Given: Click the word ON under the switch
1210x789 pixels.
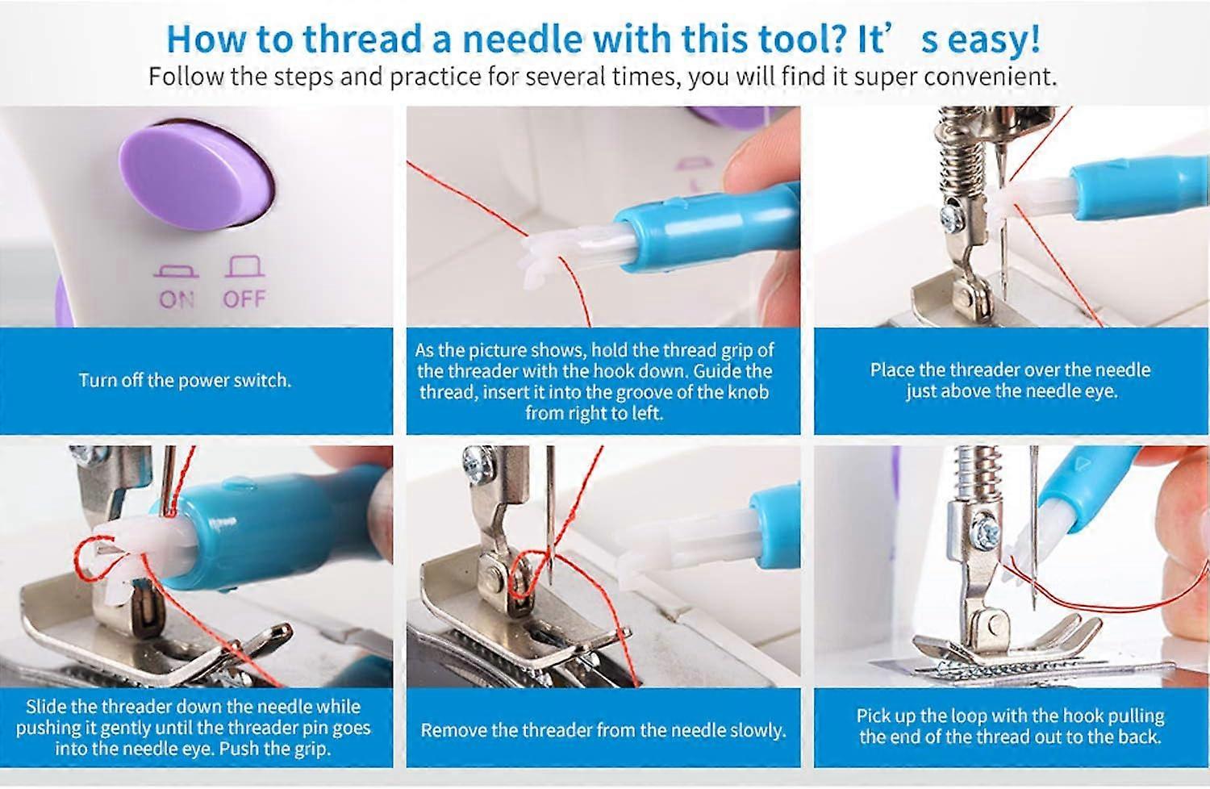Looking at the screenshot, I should point(177,299).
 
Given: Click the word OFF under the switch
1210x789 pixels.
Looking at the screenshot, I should point(244,299).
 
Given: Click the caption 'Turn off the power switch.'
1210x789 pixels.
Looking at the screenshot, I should point(185,381).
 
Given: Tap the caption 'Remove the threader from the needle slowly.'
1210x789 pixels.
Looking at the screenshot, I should point(603,731).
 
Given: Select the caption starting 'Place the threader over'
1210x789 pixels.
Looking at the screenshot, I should point(1010,380).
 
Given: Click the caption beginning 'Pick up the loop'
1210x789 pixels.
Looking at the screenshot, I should point(1010,726).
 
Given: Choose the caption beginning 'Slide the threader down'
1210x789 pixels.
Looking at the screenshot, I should point(193,728).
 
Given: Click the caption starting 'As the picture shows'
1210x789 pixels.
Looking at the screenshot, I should point(595,382).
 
